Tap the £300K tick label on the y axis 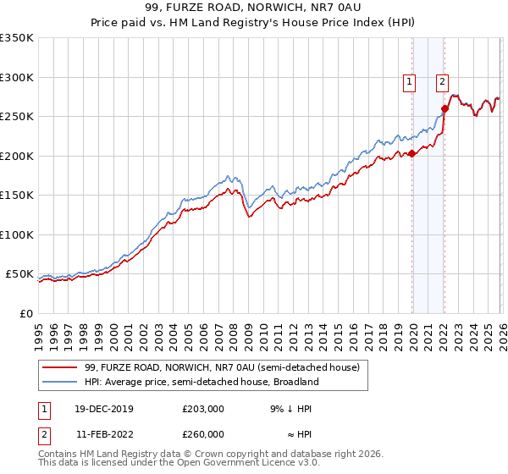16,77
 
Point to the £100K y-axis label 16,234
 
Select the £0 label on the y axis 25,313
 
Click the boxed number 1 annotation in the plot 410,82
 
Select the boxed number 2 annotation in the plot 442,82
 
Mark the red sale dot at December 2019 411,153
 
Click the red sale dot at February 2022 444,108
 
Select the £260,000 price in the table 203,434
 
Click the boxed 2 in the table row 42,434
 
